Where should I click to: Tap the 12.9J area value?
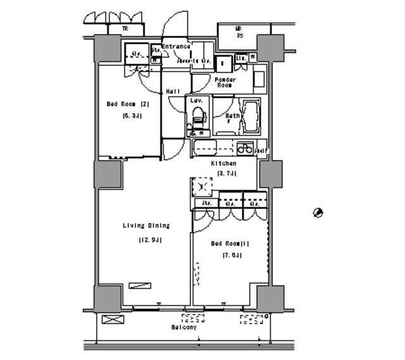pyautogui.click(x=151, y=240)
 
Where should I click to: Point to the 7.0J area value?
pyautogui.click(x=232, y=255)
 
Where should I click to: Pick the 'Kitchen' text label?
pyautogui.click(x=223, y=163)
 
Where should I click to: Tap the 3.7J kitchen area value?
pyautogui.click(x=227, y=173)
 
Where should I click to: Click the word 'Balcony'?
pyautogui.click(x=184, y=327)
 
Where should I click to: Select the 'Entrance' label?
pyautogui.click(x=175, y=47)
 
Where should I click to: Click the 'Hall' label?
pyautogui.click(x=173, y=92)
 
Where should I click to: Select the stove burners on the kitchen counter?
pyautogui.click(x=243, y=149)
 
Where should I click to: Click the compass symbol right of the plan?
pyautogui.click(x=319, y=213)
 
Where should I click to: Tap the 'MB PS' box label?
pyautogui.click(x=239, y=32)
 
